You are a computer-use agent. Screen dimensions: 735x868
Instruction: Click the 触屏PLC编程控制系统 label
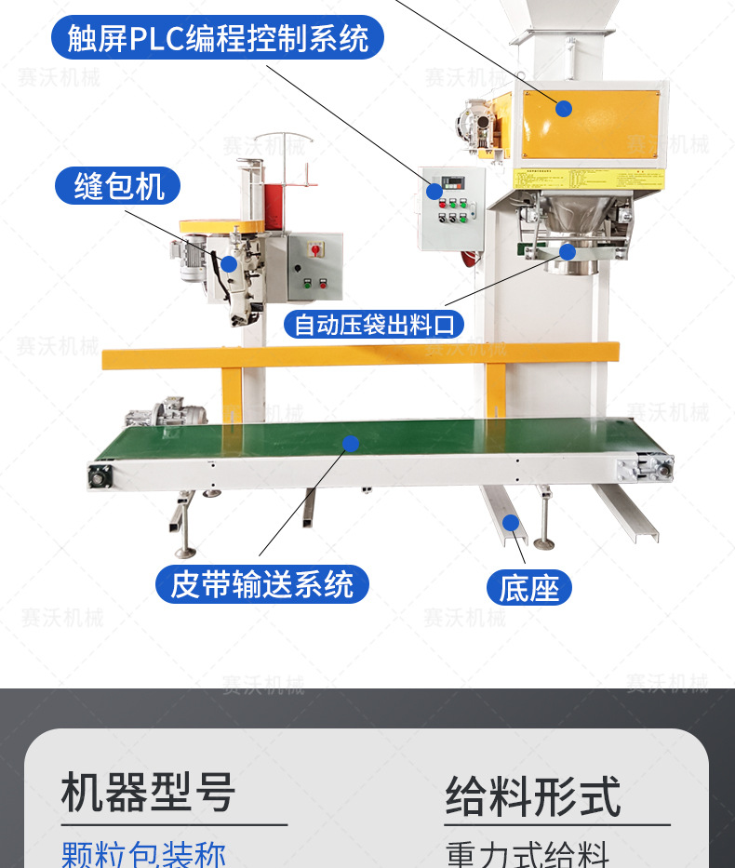218,38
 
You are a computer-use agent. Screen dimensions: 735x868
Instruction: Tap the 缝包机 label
118,186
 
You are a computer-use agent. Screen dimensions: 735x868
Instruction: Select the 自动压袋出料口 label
373,325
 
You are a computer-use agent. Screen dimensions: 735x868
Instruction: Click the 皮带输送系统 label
262,584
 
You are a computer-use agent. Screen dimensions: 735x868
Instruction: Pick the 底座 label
528,588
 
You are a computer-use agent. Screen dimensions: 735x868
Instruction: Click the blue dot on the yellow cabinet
563,108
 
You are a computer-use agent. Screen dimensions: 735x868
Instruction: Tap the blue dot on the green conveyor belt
350,444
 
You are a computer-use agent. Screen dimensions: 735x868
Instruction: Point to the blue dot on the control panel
434,192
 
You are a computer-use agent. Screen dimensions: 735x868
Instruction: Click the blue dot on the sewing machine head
229,263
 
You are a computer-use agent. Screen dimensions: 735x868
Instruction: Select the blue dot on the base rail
510,523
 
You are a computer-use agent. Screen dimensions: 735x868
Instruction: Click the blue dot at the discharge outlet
567,250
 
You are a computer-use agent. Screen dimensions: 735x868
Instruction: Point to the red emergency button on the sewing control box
313,249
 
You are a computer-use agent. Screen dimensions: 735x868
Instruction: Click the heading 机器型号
148,793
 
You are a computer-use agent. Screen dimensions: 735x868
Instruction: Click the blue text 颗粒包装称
143,852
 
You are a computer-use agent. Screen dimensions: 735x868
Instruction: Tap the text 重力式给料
528,854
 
